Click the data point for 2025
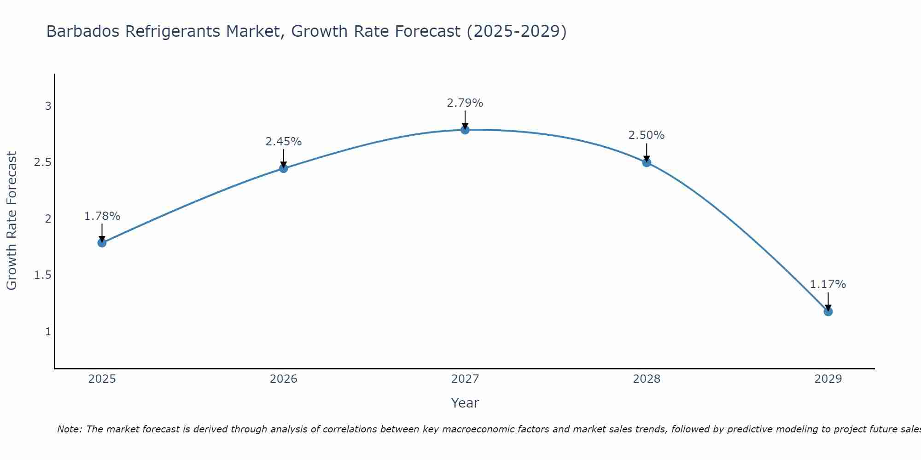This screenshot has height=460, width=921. pyautogui.click(x=102, y=243)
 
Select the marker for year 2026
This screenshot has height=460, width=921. pyautogui.click(x=283, y=168)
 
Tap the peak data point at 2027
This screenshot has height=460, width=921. pyautogui.click(x=465, y=130)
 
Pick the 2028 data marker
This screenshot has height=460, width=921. pyautogui.click(x=646, y=162)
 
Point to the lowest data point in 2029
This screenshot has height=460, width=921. pyautogui.click(x=828, y=312)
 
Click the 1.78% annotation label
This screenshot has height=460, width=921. pyautogui.click(x=102, y=216)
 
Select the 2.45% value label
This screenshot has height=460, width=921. pyautogui.click(x=283, y=142)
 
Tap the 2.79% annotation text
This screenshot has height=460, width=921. pyautogui.click(x=465, y=103)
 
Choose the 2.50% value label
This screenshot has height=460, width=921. pyautogui.click(x=646, y=135)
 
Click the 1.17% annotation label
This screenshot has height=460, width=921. pyautogui.click(x=828, y=284)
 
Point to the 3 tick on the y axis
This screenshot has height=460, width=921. pyautogui.click(x=47, y=106)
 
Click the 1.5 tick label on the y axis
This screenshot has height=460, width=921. pyautogui.click(x=42, y=275)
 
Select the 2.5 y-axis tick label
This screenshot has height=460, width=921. pyautogui.click(x=42, y=162)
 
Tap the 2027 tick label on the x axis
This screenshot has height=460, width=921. pyautogui.click(x=465, y=379)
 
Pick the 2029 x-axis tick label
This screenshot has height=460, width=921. pyautogui.click(x=828, y=379)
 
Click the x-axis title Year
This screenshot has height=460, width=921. pyautogui.click(x=465, y=403)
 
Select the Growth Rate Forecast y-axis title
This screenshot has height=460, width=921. pyautogui.click(x=12, y=221)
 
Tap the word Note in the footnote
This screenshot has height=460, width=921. pyautogui.click(x=69, y=429)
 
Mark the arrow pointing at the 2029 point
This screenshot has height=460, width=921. pyautogui.click(x=828, y=302)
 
